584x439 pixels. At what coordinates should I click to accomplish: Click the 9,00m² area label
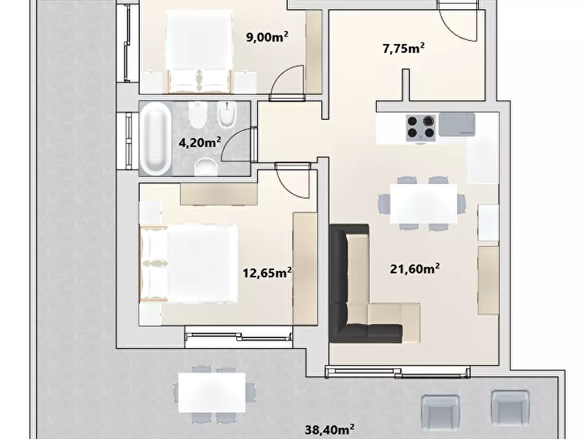pyautogui.click(x=267, y=37)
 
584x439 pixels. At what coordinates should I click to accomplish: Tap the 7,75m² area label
pyautogui.click(x=404, y=48)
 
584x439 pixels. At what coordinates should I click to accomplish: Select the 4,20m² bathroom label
pyautogui.click(x=200, y=142)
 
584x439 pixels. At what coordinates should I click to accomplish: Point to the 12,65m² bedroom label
pyautogui.click(x=267, y=273)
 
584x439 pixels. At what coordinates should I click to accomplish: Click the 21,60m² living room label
pyautogui.click(x=415, y=269)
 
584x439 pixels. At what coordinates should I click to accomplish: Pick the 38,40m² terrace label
pyautogui.click(x=330, y=429)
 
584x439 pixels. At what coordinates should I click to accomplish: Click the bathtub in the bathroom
pyautogui.click(x=155, y=139)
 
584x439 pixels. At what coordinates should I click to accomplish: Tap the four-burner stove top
pyautogui.click(x=421, y=128)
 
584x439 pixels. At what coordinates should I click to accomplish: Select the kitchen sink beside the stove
pyautogui.click(x=457, y=125)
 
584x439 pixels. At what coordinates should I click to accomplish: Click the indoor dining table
pyautogui.click(x=424, y=204)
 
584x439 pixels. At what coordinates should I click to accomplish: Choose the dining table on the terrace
pyautogui.click(x=211, y=392)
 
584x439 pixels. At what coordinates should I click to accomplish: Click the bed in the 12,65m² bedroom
pyautogui.click(x=188, y=263)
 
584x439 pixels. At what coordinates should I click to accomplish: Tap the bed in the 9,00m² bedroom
pyautogui.click(x=199, y=52)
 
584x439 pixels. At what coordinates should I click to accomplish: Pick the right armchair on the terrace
pyautogui.click(x=510, y=410)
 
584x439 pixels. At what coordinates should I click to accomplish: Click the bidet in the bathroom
pyautogui.click(x=227, y=114)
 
